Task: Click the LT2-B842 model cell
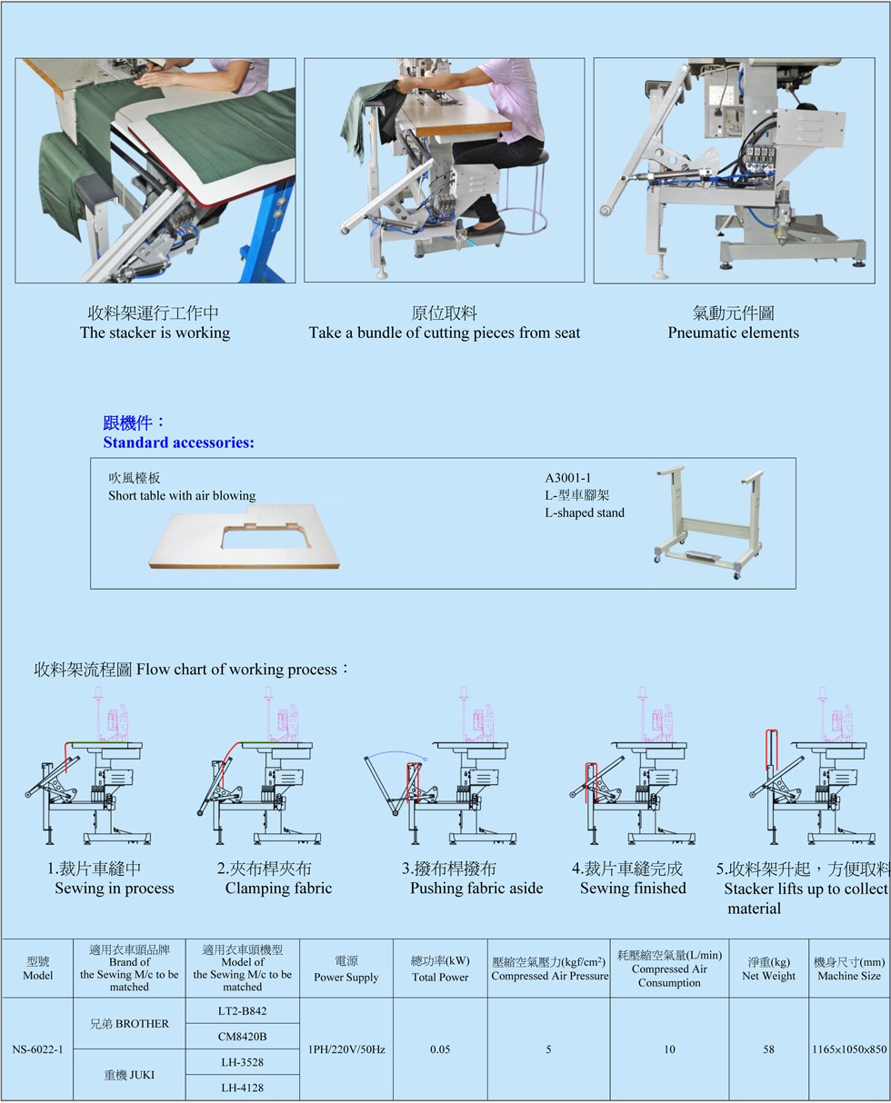(x=242, y=1010)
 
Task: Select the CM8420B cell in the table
(x=242, y=1036)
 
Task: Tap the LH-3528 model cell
(x=242, y=1062)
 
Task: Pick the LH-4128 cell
(x=242, y=1088)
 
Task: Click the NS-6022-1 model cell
(x=37, y=1049)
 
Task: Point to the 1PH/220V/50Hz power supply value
(x=346, y=1049)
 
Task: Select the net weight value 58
(x=768, y=1049)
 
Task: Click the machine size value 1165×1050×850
(x=849, y=1049)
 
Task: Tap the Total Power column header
(x=440, y=969)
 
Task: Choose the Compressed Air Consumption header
(x=669, y=969)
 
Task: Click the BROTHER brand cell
(x=129, y=1023)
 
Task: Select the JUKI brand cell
(x=129, y=1075)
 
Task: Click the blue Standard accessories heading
(x=178, y=442)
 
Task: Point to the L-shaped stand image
(x=708, y=522)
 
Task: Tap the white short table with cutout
(x=244, y=536)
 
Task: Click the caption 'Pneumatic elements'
(x=733, y=333)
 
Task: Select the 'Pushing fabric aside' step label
(x=476, y=888)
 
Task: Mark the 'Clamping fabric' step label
(x=278, y=888)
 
